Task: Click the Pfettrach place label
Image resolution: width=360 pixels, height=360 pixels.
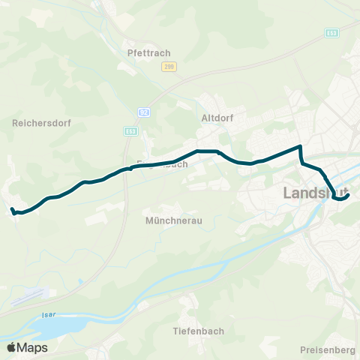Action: click(x=150, y=52)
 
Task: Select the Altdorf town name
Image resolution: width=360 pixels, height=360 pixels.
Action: click(x=219, y=118)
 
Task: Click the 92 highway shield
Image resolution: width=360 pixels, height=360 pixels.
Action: click(x=142, y=112)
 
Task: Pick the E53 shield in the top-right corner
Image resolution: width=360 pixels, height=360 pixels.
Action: click(x=331, y=33)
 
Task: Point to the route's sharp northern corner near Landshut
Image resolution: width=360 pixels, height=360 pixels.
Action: click(x=301, y=146)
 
